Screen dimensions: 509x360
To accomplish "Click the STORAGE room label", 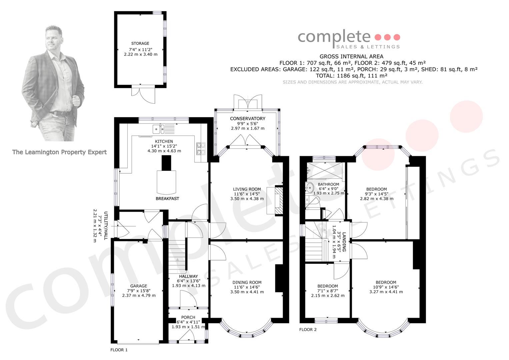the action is (140, 43).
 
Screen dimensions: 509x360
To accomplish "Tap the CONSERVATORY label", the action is (247, 118).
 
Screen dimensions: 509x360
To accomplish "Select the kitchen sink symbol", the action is (158, 129).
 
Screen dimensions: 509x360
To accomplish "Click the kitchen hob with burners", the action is (201, 149).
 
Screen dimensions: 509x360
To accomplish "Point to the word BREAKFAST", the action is (167, 198).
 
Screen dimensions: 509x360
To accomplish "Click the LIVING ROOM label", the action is (247, 189).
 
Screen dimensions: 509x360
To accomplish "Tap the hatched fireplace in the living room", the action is (279, 201).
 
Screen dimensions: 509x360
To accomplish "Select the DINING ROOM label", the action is (247, 282).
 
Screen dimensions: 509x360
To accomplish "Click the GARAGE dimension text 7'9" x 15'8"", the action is (139, 291).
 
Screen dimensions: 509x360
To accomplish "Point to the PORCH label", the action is (188, 317).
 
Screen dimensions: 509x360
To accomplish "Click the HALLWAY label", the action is (188, 276).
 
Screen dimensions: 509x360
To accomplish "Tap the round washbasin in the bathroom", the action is (309, 188).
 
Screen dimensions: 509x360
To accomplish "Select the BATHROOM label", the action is (328, 184).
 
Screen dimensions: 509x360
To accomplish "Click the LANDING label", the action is (344, 242).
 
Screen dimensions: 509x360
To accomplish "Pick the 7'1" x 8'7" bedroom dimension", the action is (328, 291).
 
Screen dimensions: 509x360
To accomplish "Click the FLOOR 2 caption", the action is (308, 329).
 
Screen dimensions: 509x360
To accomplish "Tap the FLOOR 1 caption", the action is (119, 350).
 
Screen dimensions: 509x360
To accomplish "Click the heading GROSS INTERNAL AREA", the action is (351, 56).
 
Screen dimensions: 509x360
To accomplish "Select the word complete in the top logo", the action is (334, 37).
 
